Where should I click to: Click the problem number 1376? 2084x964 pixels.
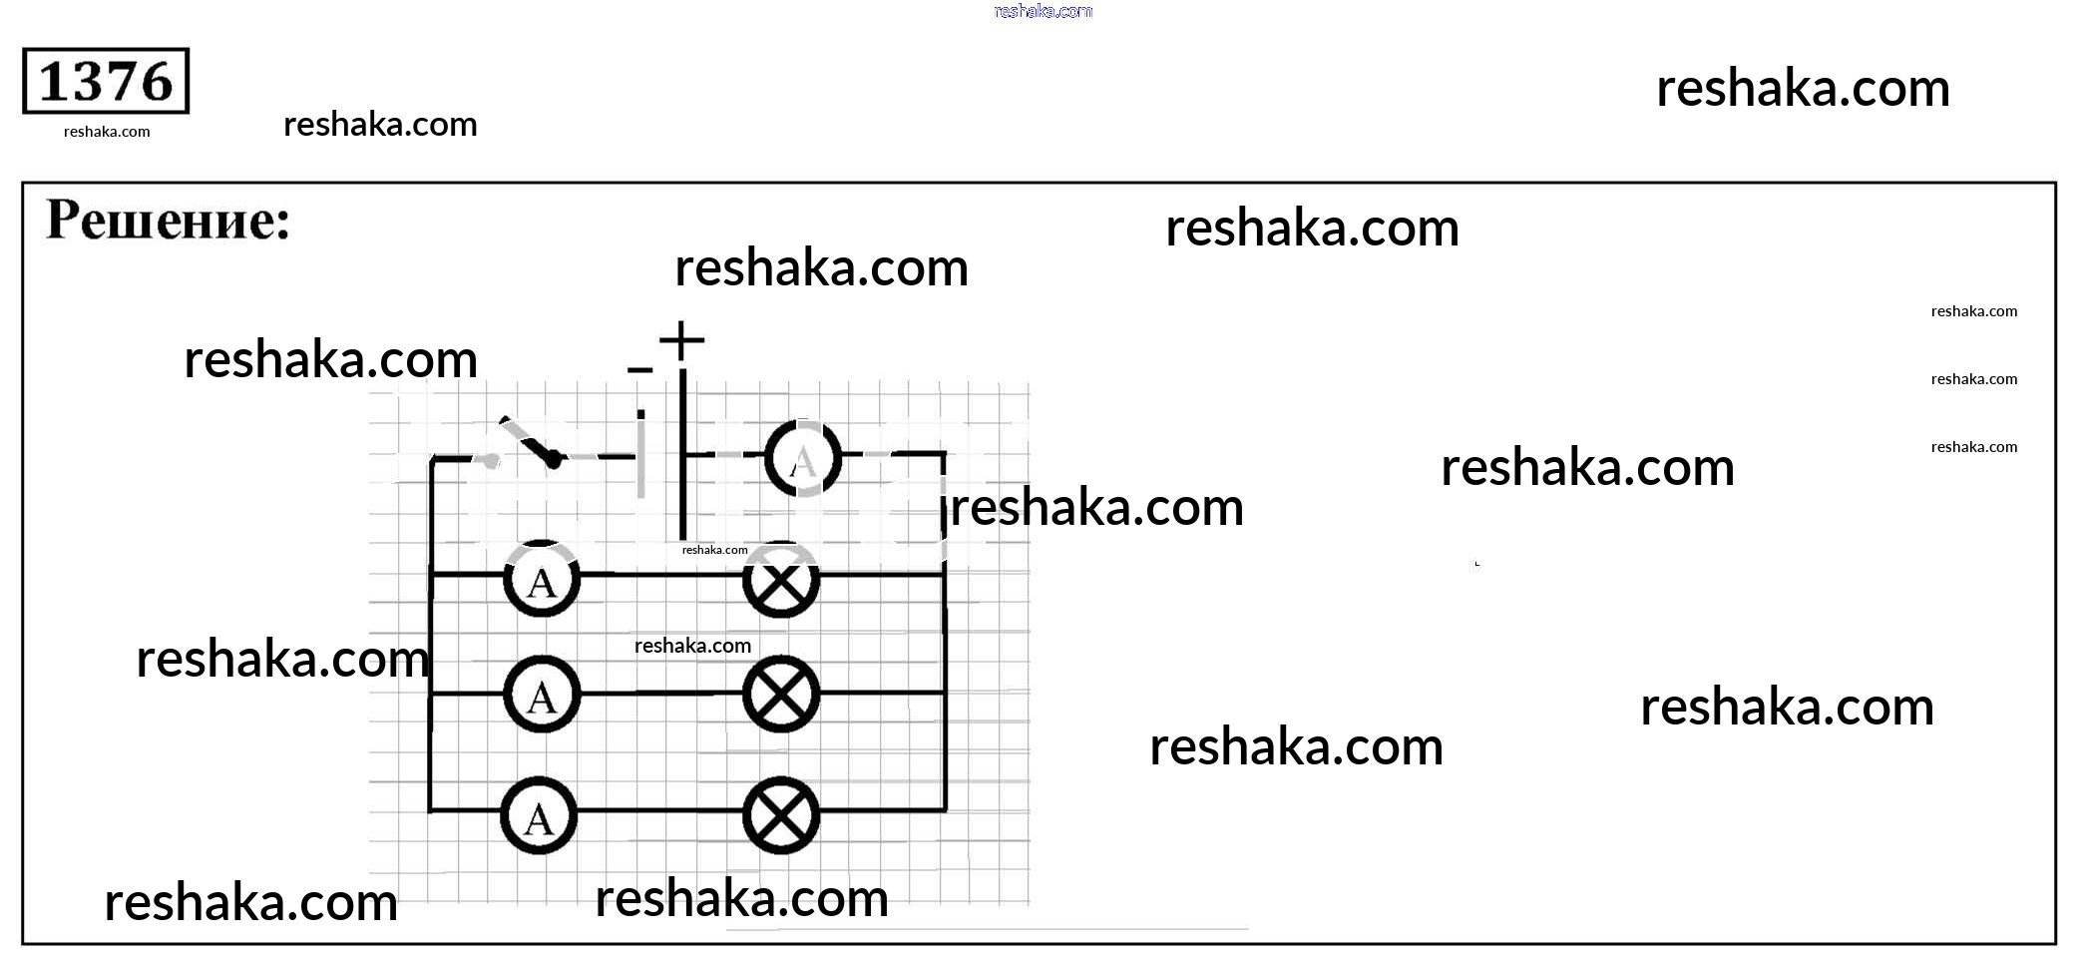[106, 81]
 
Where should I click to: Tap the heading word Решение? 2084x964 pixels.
[168, 221]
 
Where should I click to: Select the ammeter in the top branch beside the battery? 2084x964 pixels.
[803, 458]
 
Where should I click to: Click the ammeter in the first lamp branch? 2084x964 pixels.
[542, 579]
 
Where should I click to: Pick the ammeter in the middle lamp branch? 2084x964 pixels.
[542, 695]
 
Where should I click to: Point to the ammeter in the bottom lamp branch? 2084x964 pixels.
[539, 815]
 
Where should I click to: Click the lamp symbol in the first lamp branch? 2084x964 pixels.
[781, 579]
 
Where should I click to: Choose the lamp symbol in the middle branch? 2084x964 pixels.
[781, 695]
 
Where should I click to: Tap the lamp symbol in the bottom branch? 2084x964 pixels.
[781, 815]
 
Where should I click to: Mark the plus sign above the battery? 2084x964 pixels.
[682, 340]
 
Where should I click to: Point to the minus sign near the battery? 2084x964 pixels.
[639, 370]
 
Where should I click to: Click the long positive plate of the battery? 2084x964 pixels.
[683, 454]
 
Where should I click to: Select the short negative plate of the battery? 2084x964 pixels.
[640, 454]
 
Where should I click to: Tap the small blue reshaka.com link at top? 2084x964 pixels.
[1043, 11]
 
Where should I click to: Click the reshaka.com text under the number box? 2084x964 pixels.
[107, 132]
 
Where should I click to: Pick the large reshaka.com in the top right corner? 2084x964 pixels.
[1803, 88]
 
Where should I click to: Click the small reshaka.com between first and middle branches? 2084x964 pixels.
[692, 646]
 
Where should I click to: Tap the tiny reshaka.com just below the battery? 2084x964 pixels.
[714, 550]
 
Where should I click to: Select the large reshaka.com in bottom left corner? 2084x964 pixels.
[250, 902]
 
